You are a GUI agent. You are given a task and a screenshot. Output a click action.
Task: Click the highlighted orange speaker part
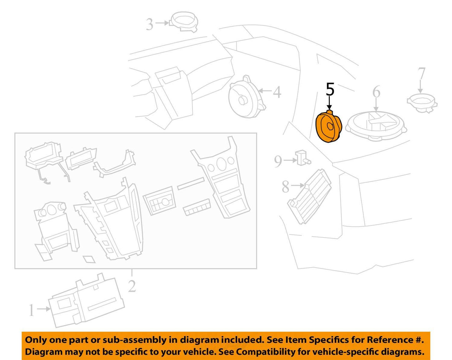[329, 127]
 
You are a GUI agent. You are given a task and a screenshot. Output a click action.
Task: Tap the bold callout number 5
[330, 89]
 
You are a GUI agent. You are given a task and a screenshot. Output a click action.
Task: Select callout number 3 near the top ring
[150, 24]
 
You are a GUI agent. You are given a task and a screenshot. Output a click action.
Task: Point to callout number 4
[277, 92]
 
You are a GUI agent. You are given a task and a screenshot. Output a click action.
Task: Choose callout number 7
[421, 73]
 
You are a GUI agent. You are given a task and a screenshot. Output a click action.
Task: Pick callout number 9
[278, 161]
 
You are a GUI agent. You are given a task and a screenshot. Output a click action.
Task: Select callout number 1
[32, 310]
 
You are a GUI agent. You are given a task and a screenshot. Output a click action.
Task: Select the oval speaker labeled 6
[376, 126]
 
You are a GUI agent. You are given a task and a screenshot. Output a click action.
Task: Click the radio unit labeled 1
[86, 300]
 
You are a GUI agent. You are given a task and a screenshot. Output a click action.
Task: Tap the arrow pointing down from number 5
[329, 103]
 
